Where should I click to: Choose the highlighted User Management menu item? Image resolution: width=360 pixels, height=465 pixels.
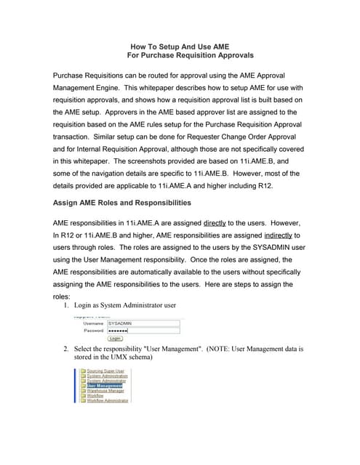[x=105, y=385]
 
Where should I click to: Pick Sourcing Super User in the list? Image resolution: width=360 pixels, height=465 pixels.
[x=105, y=371]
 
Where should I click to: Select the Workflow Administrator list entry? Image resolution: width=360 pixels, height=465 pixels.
[x=108, y=400]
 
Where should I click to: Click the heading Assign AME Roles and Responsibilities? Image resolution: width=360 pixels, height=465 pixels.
[x=122, y=202]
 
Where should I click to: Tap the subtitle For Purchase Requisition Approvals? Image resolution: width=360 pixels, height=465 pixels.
[x=191, y=55]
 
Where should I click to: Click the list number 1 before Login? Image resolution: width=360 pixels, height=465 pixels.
[x=67, y=305]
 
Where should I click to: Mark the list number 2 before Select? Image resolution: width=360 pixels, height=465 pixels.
[x=67, y=349]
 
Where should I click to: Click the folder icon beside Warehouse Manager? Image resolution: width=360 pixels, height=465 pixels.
[x=83, y=390]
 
